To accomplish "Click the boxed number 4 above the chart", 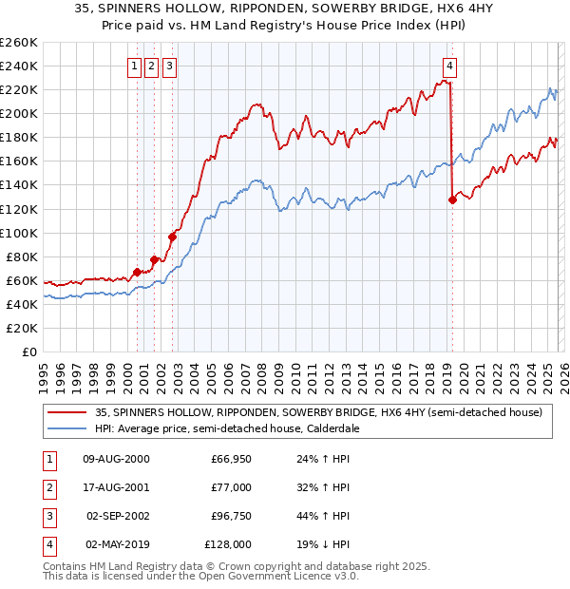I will click(449, 66).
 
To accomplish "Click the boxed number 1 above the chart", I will click(135, 66).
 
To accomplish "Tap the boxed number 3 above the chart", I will click(169, 66).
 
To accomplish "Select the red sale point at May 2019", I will click(452, 199).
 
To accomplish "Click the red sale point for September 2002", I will click(173, 237).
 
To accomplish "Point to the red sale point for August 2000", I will click(137, 272).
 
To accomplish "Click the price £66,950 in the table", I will click(230, 459).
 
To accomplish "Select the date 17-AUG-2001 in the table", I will click(117, 487).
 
